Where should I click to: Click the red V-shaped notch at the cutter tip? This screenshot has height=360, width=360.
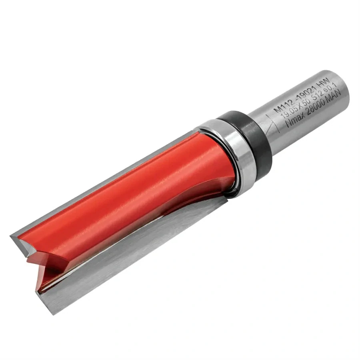coord(38,264)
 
